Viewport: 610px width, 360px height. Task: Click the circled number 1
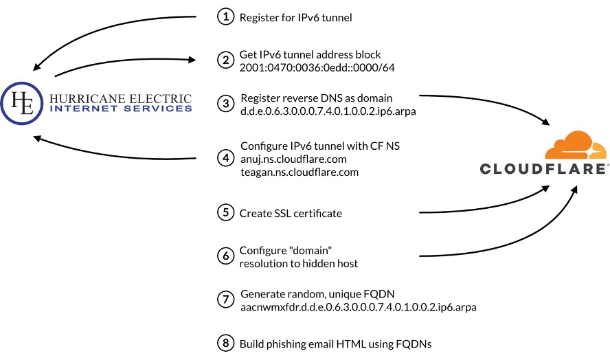pos(225,17)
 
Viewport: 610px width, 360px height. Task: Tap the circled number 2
pos(225,60)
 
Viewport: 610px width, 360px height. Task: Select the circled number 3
pos(225,103)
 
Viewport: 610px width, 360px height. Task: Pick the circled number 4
pos(225,158)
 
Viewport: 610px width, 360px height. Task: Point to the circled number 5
pos(225,213)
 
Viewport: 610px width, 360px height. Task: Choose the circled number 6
pos(225,256)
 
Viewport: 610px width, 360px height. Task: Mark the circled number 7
pos(225,300)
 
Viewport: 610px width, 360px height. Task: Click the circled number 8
pos(225,343)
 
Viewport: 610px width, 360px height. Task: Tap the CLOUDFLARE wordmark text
pos(543,169)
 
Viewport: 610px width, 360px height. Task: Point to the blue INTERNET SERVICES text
pos(121,109)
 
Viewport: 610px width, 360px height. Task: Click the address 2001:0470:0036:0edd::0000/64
pos(317,67)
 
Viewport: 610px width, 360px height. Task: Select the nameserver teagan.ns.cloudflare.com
pos(300,172)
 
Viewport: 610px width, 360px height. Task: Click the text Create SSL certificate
pos(291,214)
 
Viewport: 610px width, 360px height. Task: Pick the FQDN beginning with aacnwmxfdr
pos(358,306)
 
